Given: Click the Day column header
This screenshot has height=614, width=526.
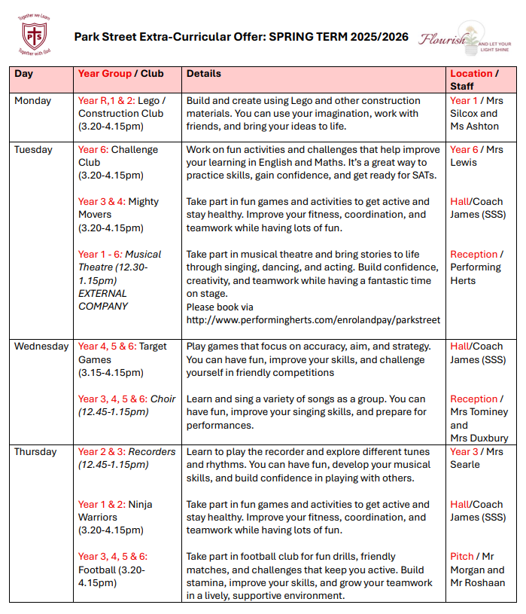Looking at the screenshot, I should pyautogui.click(x=24, y=74).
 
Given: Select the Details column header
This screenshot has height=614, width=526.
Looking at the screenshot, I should pyautogui.click(x=204, y=74).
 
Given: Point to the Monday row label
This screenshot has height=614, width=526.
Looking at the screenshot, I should pyautogui.click(x=33, y=101).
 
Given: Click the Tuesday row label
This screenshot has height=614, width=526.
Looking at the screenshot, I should pyautogui.click(x=35, y=150).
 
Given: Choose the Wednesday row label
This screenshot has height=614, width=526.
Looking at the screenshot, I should pyautogui.click(x=41, y=347).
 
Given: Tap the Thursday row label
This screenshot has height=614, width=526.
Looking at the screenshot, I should pyautogui.click(x=35, y=452).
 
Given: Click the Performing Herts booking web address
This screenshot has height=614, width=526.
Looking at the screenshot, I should pyautogui.click(x=313, y=319).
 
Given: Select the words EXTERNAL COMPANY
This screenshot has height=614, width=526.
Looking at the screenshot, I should pyautogui.click(x=103, y=300).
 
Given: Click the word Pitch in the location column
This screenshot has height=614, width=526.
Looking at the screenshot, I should pyautogui.click(x=462, y=557).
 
